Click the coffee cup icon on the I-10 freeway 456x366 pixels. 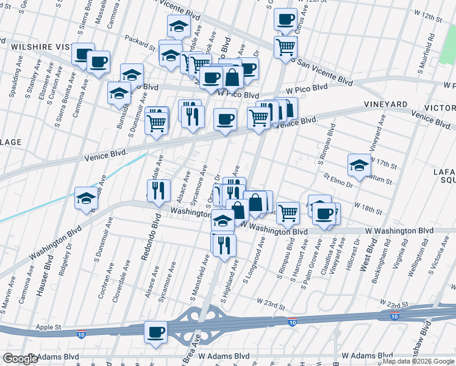(x=155, y=332)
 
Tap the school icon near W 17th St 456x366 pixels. (x=359, y=164)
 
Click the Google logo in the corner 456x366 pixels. (x=20, y=359)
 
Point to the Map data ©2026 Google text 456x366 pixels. (x=418, y=361)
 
